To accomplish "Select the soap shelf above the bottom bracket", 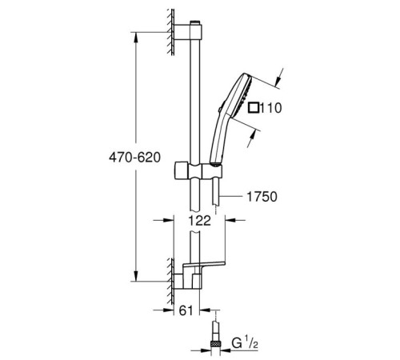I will pos(210,266).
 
